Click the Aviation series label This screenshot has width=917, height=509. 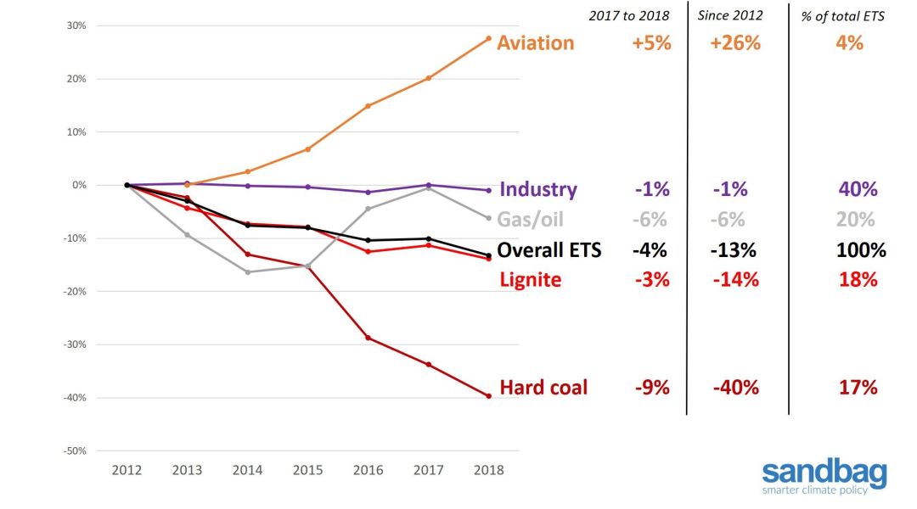pos(535,43)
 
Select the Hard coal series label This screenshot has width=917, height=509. pos(543,388)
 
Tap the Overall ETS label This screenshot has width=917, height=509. pos(549,250)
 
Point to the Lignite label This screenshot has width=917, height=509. pos(530,279)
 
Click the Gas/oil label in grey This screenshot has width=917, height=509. pos(531,220)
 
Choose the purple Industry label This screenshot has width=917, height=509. pos(538,189)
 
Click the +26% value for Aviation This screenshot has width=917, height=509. pos(735,43)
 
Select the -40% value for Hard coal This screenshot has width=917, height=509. pos(735,388)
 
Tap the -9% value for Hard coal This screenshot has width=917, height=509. pos(652,388)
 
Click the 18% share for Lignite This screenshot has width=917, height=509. pos(858,279)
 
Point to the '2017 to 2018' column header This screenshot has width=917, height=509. pos(630,16)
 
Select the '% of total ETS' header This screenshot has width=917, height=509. pos(842,16)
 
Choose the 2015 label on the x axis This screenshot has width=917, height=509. pos(307,471)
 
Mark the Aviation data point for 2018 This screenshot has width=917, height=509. pos(488,38)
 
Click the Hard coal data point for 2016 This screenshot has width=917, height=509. pos(368,338)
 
